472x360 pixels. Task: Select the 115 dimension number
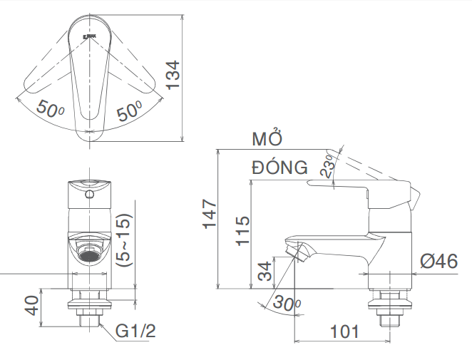coord(242,231)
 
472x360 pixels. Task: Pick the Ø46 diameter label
coord(438,262)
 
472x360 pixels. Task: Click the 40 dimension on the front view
coord(32,306)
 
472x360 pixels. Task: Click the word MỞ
coord(268,139)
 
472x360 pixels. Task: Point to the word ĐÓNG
coord(279,168)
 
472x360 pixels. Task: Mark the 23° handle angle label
coord(329,166)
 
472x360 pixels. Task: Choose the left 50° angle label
coord(51,110)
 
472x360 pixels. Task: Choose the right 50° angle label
coord(129,110)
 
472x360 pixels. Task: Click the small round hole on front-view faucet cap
coord(89,193)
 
